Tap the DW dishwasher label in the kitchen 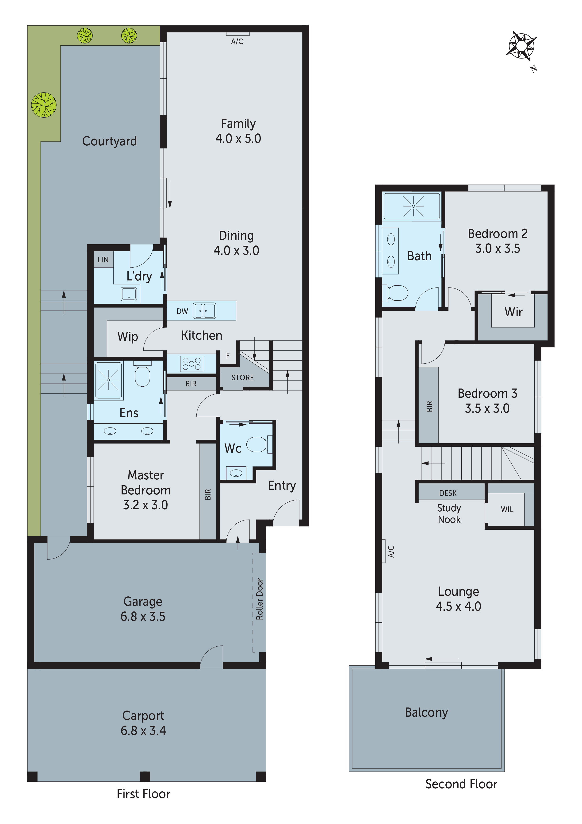point(182,311)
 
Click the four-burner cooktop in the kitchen point(191,364)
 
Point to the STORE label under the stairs point(242,377)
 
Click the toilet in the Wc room point(258,444)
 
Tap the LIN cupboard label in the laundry point(103,260)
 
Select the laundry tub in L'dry point(129,294)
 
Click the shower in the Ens point(108,380)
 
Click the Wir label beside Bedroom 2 point(513,311)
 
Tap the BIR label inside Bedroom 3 point(429,406)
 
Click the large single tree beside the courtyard point(44,105)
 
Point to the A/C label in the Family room point(237,42)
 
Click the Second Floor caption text point(461,784)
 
